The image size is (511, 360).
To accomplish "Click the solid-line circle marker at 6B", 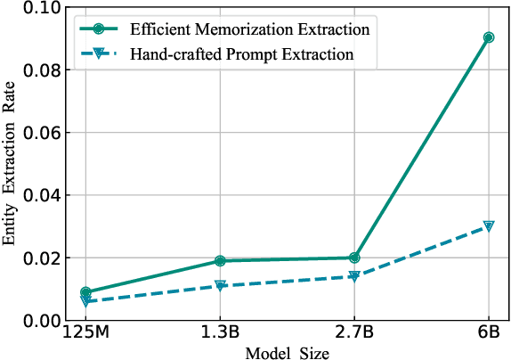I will [489, 37].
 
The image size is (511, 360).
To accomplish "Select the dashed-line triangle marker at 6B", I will [489, 226].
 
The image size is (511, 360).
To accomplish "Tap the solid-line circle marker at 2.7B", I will [354, 258].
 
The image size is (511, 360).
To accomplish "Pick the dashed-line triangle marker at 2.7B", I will [354, 276].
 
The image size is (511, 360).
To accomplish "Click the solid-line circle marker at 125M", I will [85, 292].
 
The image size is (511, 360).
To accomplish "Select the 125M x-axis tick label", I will [85, 336].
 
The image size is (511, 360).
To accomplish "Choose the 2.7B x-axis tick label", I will [354, 336].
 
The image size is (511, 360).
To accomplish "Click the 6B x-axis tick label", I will [489, 336].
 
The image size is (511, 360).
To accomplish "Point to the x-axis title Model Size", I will [288, 353].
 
